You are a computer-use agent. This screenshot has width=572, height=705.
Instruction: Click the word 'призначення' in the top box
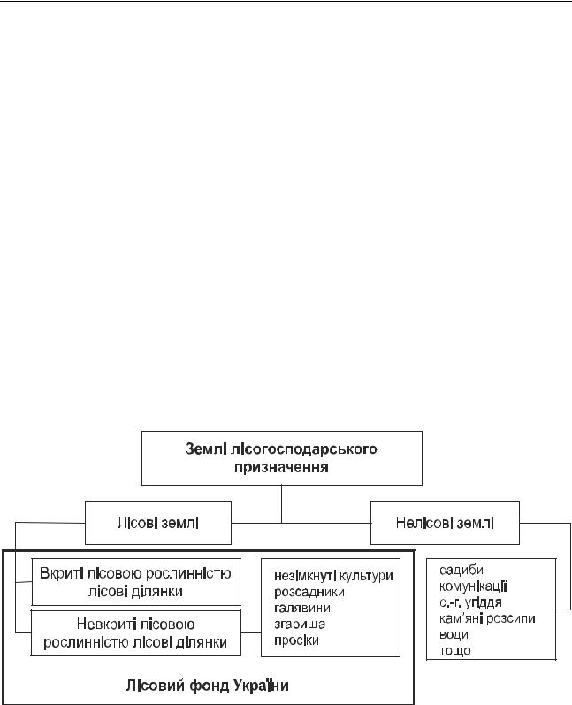click(281, 468)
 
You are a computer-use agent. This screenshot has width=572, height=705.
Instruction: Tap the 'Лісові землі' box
click(158, 523)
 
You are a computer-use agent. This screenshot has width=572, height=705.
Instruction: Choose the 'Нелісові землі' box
click(445, 523)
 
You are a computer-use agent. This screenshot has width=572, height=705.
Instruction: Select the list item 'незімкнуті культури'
click(333, 576)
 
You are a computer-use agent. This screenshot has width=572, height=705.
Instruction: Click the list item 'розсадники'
click(309, 592)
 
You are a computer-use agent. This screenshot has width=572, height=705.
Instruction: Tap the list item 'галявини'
click(302, 608)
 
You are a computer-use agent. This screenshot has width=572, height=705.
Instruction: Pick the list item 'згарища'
click(300, 625)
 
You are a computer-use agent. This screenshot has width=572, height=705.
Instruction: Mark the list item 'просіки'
click(296, 640)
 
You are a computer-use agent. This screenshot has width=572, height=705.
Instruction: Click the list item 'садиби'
click(461, 571)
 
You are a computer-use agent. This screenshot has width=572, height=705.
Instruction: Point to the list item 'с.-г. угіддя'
click(470, 602)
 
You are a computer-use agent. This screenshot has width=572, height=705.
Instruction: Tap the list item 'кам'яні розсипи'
click(487, 618)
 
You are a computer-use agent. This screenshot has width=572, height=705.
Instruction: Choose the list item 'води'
click(454, 635)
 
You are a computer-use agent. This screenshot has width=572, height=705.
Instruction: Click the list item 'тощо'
click(454, 650)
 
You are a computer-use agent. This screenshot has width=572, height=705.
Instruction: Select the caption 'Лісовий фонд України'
click(207, 686)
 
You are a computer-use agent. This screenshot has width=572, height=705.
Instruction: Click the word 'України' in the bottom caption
click(261, 686)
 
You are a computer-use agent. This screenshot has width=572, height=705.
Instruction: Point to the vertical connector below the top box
click(282, 504)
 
